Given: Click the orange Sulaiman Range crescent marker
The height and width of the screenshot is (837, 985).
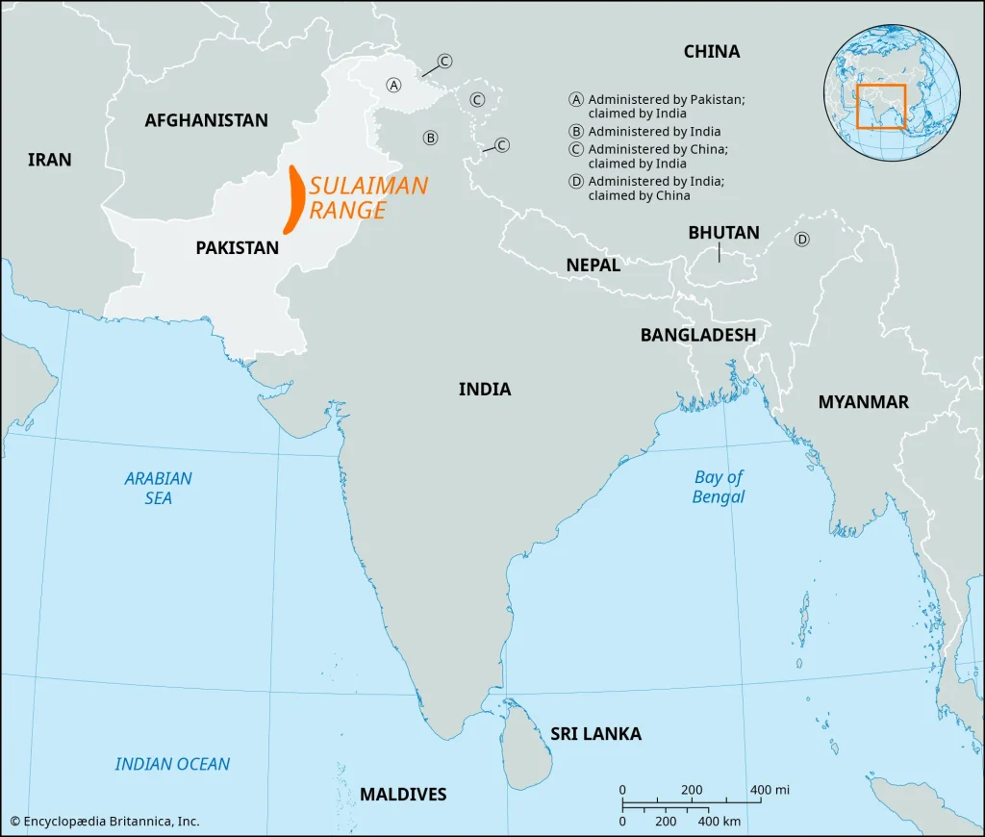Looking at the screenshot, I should coord(295,200).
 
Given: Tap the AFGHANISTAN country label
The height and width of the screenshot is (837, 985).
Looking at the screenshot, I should coord(206,120).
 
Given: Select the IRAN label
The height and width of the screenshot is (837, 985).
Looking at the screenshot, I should coord(50,160).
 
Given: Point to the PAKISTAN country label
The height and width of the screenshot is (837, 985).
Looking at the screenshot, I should coord(237,247).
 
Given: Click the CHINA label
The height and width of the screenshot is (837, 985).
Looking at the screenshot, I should coord(712,51).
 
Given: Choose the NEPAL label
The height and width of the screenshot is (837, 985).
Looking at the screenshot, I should coord(593,265).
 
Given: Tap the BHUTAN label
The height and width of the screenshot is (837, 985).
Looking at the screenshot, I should coord(723,232).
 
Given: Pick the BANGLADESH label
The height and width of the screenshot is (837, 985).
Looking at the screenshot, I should coord(698,335).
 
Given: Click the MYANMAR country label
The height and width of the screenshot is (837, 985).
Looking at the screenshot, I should coord(863,402).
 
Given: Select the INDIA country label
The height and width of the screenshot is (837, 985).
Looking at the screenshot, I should coord(485,389).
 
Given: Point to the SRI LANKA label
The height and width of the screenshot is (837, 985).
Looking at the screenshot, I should coord(595,734).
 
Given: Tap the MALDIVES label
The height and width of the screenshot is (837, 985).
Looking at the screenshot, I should coord(403,794).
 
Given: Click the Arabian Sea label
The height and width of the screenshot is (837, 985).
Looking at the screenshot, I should coord(159,488).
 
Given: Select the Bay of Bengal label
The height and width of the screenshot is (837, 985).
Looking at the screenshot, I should coord(719,487).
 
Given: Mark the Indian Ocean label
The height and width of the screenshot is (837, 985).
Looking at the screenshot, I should coord(172,764).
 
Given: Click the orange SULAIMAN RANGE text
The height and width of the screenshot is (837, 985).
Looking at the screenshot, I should coord(368,198).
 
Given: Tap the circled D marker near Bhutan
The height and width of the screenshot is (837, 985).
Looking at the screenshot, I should coord(801,240).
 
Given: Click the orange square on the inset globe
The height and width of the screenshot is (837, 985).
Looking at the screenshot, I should coord(881,106).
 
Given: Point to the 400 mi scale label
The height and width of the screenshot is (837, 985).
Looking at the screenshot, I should coord(770,790).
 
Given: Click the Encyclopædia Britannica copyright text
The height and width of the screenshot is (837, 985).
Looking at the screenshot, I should coord(105,821).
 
